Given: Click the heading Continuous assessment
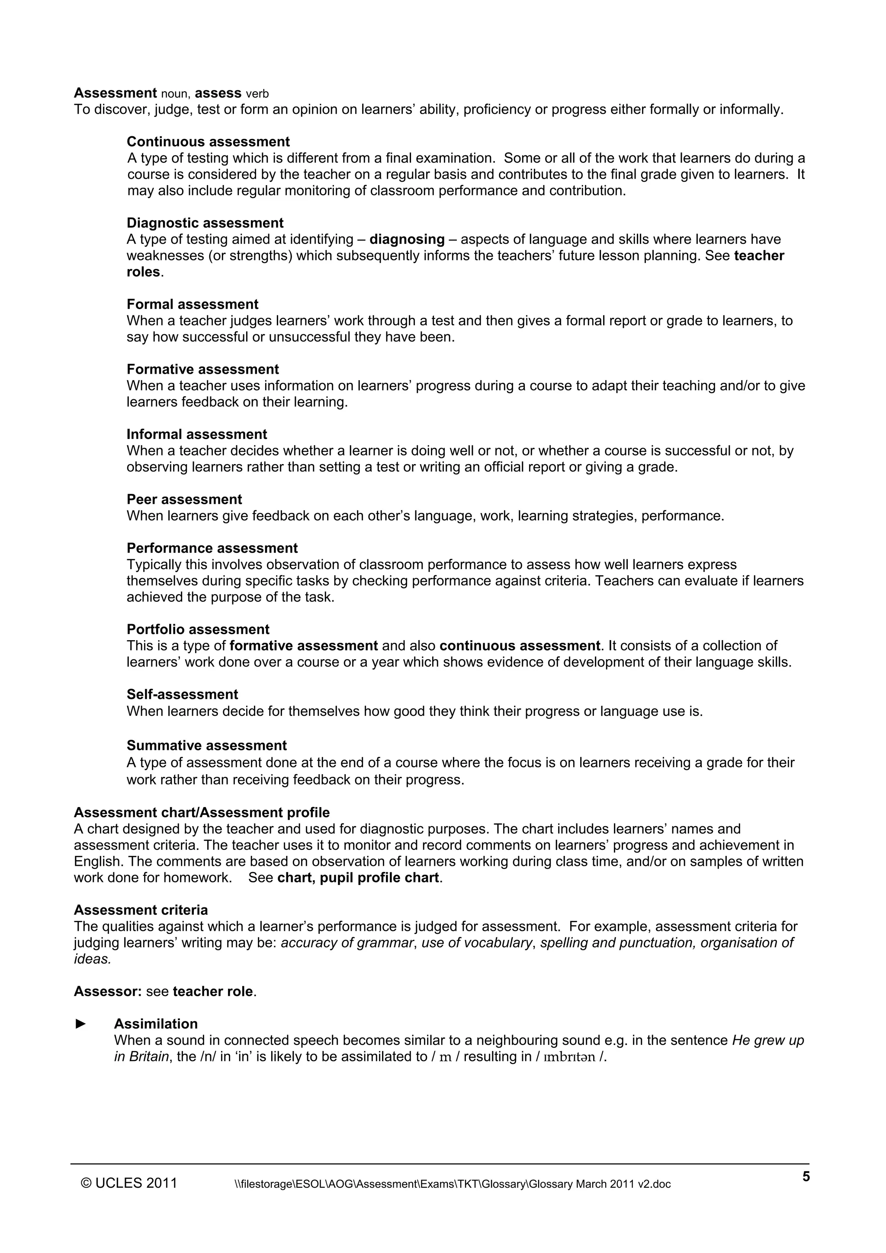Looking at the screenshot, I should pos(208,142).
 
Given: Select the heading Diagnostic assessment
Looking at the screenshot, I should pos(205,223).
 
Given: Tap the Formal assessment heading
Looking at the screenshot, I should pos(192,304).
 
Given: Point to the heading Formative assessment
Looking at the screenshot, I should pos(202,369).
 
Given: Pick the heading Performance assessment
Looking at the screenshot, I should pos(212,548).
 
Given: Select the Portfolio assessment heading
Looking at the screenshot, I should pos(198,629).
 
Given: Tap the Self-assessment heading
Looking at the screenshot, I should pos(182,694).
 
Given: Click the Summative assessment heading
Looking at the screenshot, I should pos(206,746).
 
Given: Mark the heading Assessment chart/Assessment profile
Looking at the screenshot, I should pos(202,813).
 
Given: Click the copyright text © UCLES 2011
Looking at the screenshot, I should pos(129,1182).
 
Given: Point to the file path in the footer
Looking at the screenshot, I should pos(452,1184).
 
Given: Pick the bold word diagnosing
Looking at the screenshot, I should pos(407,240).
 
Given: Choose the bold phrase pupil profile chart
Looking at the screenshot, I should pos(379,878).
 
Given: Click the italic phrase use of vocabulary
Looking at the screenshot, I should pos(477,942).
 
